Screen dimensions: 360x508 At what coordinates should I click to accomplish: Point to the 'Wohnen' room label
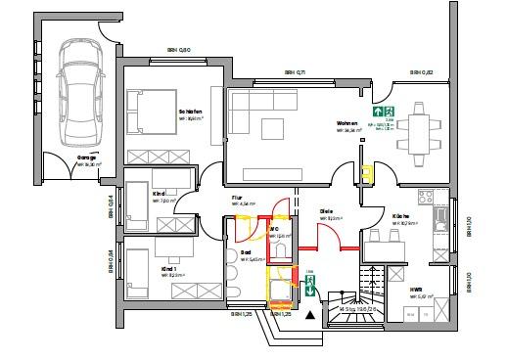coord(347,123)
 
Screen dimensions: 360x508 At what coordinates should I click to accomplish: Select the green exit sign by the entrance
coord(309,286)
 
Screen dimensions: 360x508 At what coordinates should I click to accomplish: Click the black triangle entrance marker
coord(312,315)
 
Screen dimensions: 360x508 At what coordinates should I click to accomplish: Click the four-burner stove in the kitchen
coord(426,197)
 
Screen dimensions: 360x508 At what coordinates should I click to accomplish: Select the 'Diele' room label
coord(327,211)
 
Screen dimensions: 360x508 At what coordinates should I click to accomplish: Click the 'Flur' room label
coord(236,198)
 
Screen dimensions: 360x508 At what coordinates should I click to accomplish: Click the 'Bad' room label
coord(246,252)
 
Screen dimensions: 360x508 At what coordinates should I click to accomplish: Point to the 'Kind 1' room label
coord(169,267)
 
